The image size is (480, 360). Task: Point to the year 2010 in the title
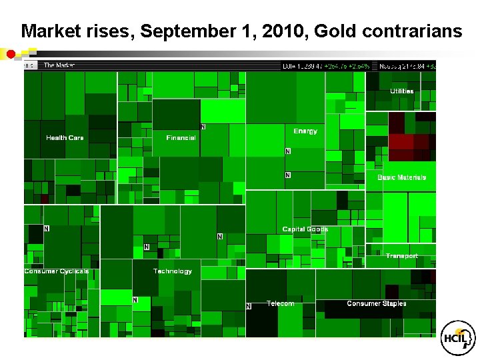pos(273,31)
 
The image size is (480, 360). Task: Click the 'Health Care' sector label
pos(65,138)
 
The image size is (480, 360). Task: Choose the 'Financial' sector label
pos(181,138)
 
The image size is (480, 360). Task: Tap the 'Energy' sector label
pos(305,131)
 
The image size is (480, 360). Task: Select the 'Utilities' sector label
pos(401,91)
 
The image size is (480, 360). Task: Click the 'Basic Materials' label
pos(401,177)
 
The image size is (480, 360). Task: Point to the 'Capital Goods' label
pos(305,229)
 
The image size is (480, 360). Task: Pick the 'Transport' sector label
pos(401,256)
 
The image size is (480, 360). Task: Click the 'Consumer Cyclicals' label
pos(57,271)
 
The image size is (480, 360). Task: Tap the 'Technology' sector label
pos(172,271)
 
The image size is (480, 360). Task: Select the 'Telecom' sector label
pos(280,303)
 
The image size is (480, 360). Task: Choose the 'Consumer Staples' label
pos(376,303)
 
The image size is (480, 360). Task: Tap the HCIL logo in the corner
pos(459,339)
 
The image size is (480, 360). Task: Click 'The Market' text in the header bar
pos(59,65)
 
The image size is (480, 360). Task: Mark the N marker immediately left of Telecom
pos(249,306)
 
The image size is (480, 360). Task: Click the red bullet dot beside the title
pos(11,53)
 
